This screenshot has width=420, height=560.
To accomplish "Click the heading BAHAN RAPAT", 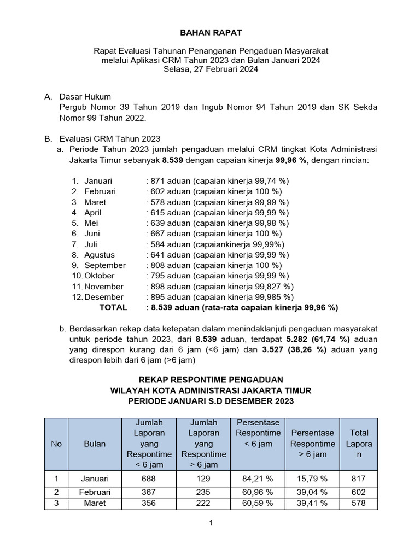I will pos(211,33).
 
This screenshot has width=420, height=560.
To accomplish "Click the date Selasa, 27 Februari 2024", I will pos(211,69).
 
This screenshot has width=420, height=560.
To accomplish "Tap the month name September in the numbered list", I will pos(105,265).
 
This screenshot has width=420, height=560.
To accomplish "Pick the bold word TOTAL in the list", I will pos(113,307).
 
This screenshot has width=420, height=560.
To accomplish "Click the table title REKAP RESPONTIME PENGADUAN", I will pos(211,380).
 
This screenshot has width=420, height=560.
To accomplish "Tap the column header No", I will pos(56,444).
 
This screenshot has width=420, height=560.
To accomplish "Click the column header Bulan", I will pos(95,444).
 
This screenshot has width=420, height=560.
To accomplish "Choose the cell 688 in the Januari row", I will pos(149,479).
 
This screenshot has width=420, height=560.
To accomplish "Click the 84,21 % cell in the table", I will pos(258,479).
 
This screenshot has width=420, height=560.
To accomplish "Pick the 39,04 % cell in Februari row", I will pos(312,492).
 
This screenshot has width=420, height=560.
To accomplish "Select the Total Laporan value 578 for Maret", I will pos(359,503).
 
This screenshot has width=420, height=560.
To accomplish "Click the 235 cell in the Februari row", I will pos(203,492).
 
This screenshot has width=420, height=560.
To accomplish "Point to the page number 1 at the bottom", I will pos(211,523).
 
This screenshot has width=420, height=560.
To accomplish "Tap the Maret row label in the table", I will pos(95,503).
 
